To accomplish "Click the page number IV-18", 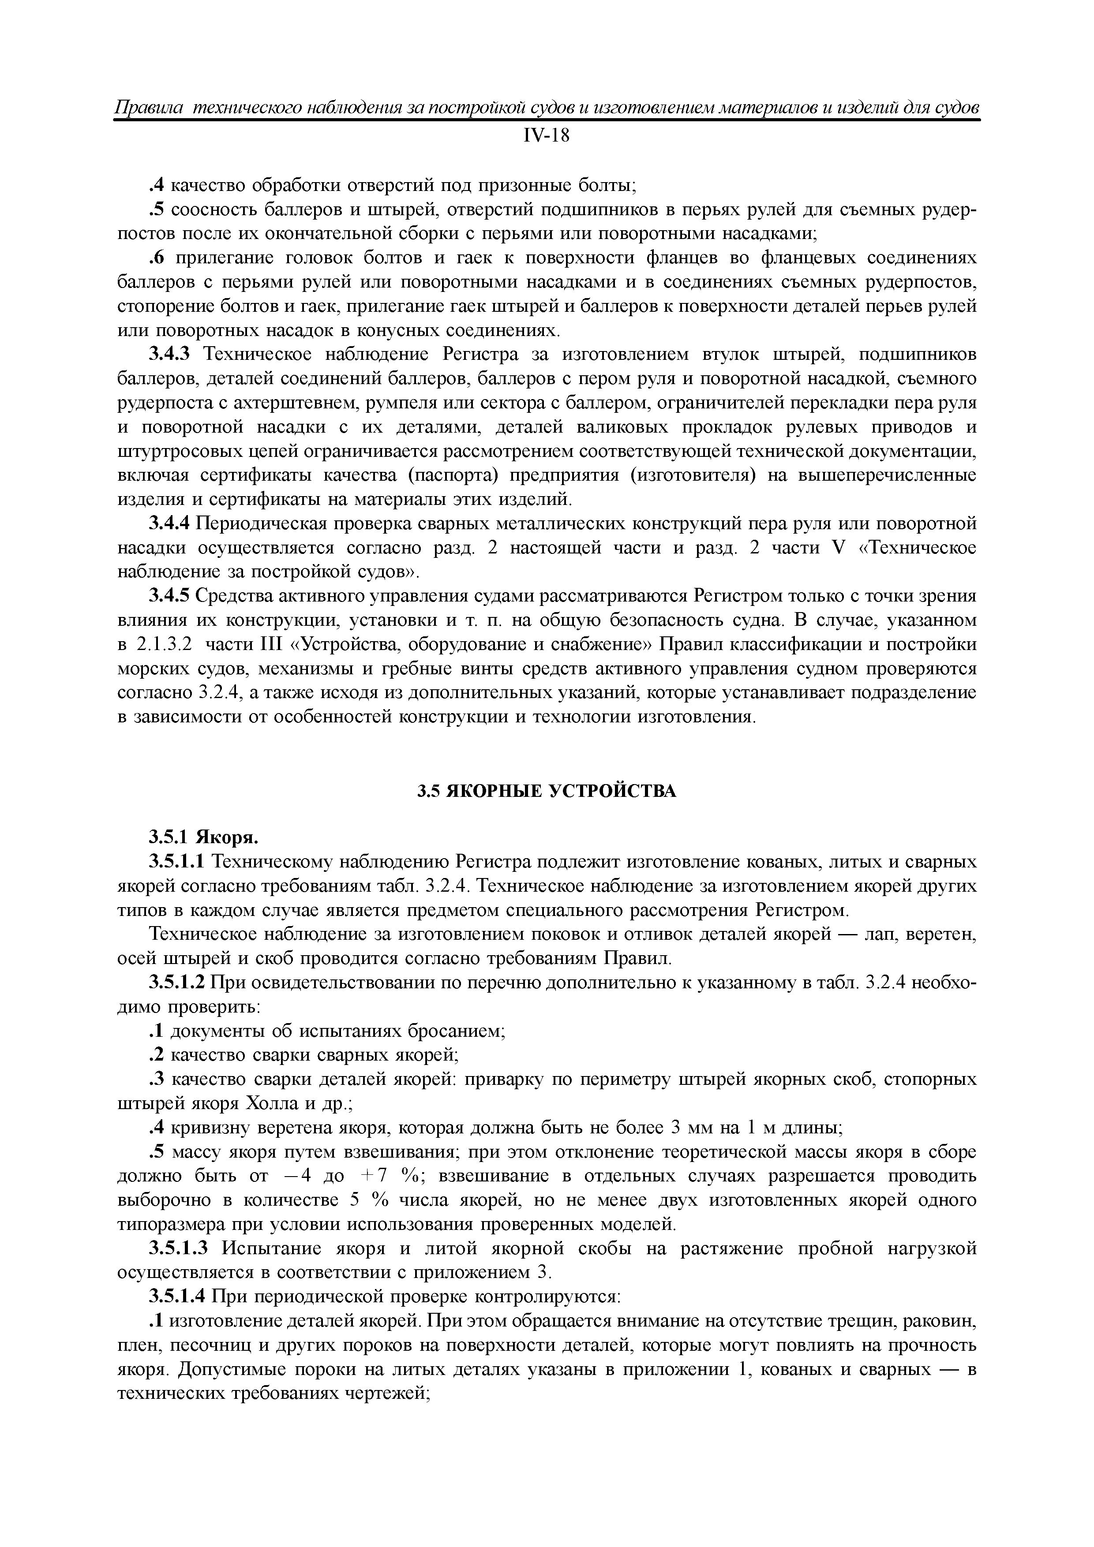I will [x=546, y=137].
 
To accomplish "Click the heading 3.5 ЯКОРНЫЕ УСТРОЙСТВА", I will [x=546, y=791].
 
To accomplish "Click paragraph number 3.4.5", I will [x=171, y=596].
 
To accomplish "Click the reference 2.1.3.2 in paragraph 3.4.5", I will [x=164, y=644].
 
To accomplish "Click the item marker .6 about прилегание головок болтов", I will [x=157, y=258].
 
